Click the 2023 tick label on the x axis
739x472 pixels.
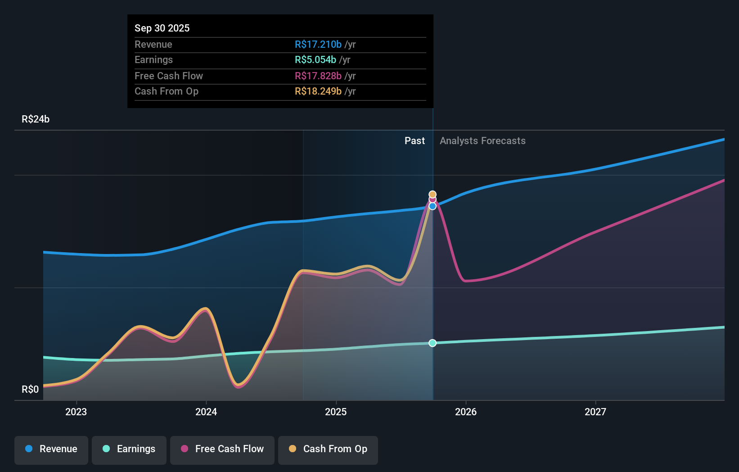coord(76,412)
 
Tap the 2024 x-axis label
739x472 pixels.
coord(206,412)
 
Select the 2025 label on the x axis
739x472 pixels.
coord(336,412)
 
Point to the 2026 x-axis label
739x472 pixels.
coord(466,412)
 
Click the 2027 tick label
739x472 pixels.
coord(595,412)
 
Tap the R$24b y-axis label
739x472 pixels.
coord(36,119)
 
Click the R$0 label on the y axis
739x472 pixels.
coord(30,389)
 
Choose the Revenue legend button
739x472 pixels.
coord(51,449)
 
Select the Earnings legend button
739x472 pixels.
coord(129,449)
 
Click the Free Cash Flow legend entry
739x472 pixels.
coord(222,449)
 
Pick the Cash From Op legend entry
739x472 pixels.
coord(328,449)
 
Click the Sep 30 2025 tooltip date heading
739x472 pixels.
coord(162,28)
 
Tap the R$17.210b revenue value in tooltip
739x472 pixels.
coord(318,44)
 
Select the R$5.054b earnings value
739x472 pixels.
coord(315,59)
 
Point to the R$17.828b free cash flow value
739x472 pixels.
coord(318,76)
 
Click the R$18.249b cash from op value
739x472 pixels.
coord(318,91)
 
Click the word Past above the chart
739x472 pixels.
coord(415,141)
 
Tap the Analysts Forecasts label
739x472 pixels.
coord(482,141)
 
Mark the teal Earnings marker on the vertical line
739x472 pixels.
coord(433,343)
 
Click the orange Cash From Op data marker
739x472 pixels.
coord(433,195)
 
